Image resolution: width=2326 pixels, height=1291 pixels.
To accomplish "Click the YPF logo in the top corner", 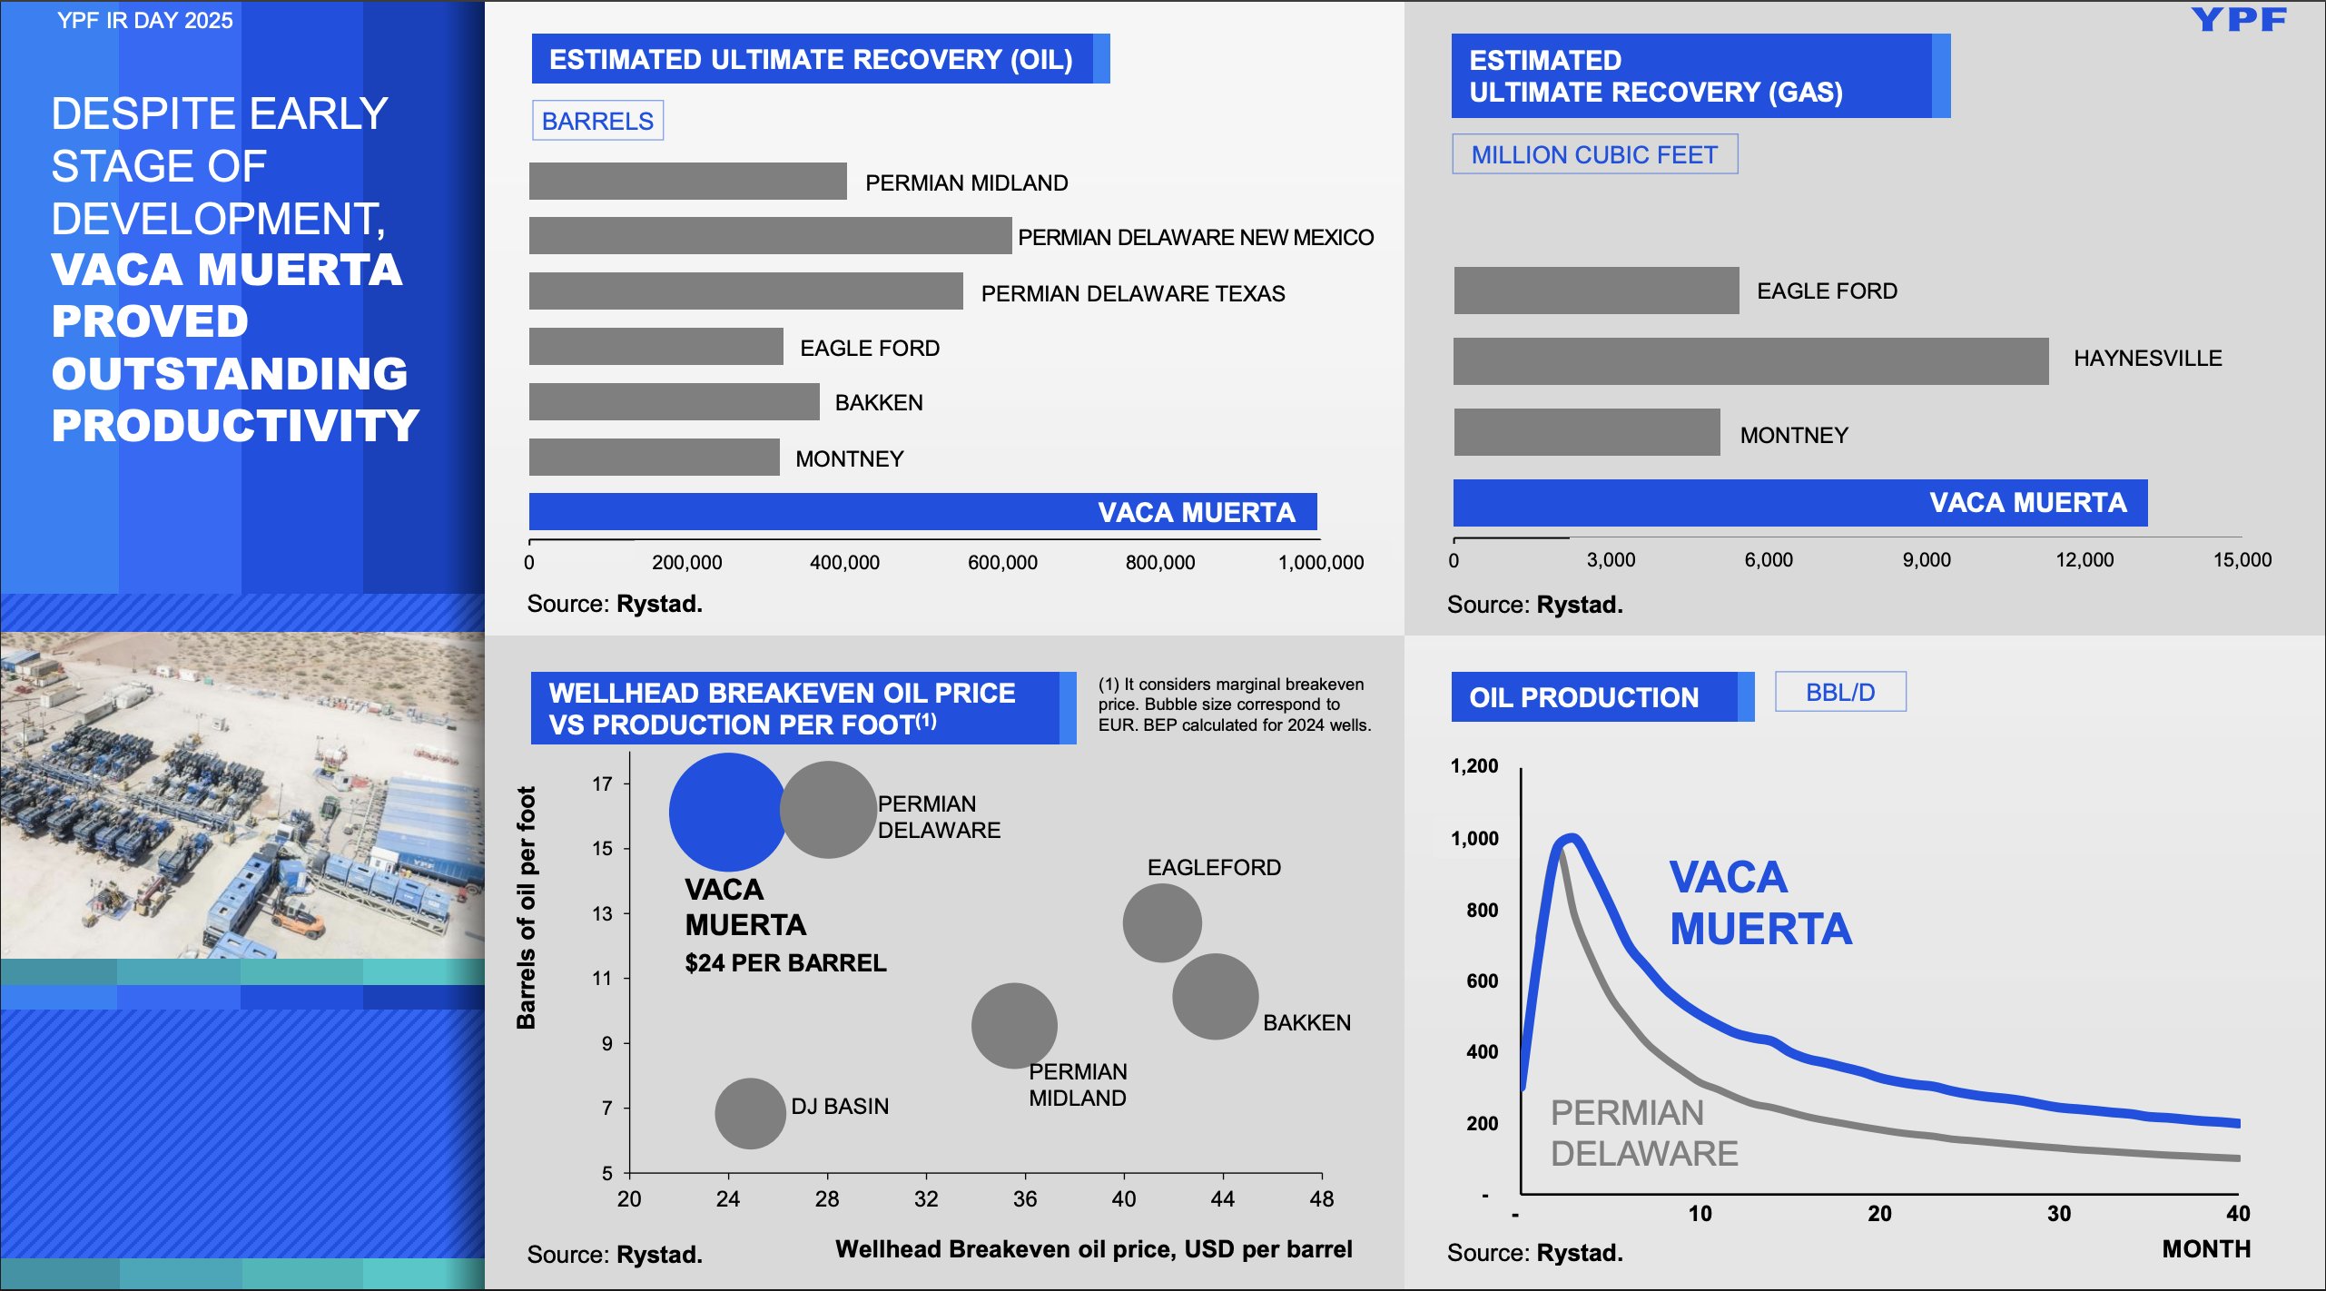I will click(2239, 19).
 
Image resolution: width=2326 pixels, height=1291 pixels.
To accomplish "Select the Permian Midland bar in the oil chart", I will click(687, 182).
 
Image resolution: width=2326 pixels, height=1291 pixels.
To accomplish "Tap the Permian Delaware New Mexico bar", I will click(770, 236).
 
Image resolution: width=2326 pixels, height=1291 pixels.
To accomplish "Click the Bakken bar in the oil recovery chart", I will click(674, 402).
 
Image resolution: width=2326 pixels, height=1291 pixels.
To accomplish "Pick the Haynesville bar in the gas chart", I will click(1750, 361).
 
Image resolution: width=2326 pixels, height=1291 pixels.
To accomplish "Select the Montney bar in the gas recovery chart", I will click(1586, 432).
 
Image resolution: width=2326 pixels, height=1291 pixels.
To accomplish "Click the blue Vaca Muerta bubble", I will click(726, 812).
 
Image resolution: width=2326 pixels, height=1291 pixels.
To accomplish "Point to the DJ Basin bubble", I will click(750, 1113).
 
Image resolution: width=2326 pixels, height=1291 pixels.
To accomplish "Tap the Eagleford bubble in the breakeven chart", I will click(1162, 922).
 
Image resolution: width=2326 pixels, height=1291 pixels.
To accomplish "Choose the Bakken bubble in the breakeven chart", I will click(1215, 996).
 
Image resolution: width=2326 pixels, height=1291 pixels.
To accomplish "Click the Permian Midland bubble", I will click(1014, 1025).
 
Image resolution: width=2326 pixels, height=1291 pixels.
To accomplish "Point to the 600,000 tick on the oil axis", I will click(1002, 563).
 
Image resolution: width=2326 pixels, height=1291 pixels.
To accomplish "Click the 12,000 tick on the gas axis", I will click(2085, 560).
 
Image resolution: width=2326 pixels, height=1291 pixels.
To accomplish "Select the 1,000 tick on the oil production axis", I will click(1474, 839).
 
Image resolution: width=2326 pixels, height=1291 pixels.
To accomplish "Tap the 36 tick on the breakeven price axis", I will click(1025, 1199).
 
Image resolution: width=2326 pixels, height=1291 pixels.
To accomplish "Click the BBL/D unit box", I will click(1840, 693).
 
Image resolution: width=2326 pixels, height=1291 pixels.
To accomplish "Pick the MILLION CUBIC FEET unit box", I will click(1594, 154).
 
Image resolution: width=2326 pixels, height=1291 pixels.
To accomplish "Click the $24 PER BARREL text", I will click(785, 963).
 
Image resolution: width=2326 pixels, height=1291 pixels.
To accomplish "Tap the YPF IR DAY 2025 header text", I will click(145, 20).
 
